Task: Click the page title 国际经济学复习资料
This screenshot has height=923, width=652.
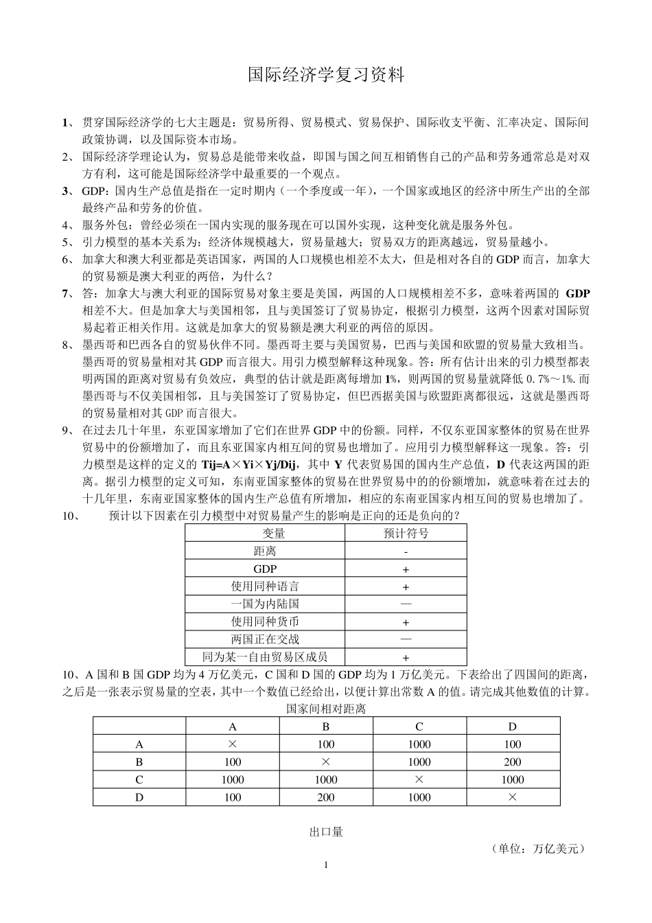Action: pyautogui.click(x=326, y=75)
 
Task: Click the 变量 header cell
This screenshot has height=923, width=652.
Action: pyautogui.click(x=265, y=533)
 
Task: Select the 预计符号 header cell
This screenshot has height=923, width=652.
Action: pyautogui.click(x=406, y=533)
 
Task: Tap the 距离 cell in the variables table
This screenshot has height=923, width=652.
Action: pyautogui.click(x=265, y=551)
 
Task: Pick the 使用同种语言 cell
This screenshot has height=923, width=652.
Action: pyautogui.click(x=265, y=586)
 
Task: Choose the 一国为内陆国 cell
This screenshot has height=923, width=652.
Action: pyautogui.click(x=265, y=604)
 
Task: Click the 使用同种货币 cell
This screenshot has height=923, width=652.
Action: pyautogui.click(x=265, y=622)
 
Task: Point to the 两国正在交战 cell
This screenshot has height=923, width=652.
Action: pyautogui.click(x=265, y=639)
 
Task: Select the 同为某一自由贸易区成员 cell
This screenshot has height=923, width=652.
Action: pyautogui.click(x=265, y=657)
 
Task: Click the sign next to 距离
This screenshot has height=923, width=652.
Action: pyautogui.click(x=406, y=551)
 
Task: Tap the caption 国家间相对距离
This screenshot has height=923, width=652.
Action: pyautogui.click(x=326, y=708)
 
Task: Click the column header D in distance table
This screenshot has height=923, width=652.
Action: pyautogui.click(x=512, y=726)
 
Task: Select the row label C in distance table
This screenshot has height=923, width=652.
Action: pyautogui.click(x=139, y=779)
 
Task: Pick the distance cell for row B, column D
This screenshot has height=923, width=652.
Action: pyautogui.click(x=512, y=762)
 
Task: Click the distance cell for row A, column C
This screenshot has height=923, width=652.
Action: pyautogui.click(x=419, y=744)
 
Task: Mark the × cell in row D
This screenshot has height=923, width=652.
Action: pyautogui.click(x=512, y=797)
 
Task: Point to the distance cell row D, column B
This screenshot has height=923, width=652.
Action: pyautogui.click(x=326, y=797)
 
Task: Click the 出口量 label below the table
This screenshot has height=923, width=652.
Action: pyautogui.click(x=326, y=832)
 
